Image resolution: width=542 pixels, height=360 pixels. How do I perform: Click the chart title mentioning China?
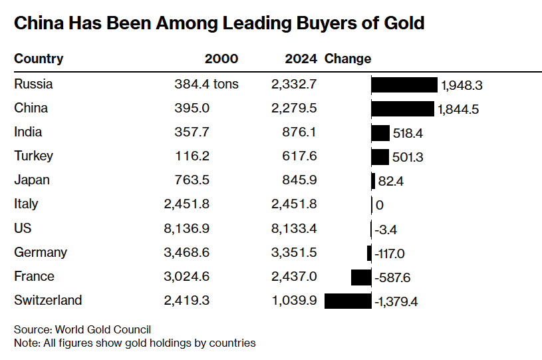coord(219,23)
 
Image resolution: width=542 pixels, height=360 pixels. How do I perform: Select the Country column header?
coord(39,59)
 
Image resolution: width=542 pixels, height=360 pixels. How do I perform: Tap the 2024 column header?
coord(301,59)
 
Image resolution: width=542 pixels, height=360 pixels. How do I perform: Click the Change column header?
coord(348,59)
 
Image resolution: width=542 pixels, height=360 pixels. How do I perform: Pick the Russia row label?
coord(33,85)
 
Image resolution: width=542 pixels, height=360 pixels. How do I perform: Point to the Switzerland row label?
coord(48,300)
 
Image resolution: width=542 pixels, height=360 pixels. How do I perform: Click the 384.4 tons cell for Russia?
coord(207,85)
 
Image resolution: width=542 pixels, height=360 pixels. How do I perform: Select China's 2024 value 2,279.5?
coord(295,108)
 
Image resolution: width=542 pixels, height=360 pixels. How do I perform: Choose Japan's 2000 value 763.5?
coord(193,180)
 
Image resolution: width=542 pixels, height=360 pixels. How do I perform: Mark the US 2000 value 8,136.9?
coord(187,228)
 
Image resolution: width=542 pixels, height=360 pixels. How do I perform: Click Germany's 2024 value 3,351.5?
coord(295,252)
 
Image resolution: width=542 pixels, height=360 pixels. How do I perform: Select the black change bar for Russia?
coord(404,85)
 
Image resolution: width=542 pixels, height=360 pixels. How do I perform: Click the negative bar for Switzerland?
coord(348,301)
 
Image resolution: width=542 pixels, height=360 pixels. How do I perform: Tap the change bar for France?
coord(361,277)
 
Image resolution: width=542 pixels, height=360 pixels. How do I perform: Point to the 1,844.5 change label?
coord(458,109)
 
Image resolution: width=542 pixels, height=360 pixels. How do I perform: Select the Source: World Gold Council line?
coord(82,329)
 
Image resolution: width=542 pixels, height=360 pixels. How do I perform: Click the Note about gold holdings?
coord(134,343)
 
